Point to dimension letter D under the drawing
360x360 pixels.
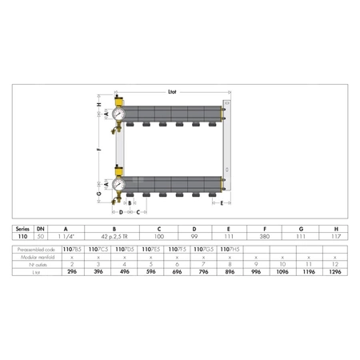tap(120, 212)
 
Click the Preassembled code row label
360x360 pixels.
tap(36, 250)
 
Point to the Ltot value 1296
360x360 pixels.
tap(336, 272)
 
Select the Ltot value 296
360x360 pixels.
tap(72, 272)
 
